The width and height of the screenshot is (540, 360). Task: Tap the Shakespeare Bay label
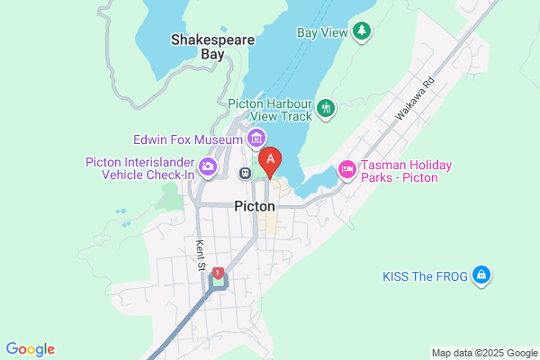212,47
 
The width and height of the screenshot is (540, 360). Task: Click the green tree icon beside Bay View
362,31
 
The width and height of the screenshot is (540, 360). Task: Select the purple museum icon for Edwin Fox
256,139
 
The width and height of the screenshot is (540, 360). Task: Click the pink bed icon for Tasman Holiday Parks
346,168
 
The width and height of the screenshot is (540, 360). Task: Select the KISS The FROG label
425,275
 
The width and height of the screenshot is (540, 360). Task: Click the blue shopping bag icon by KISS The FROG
481,274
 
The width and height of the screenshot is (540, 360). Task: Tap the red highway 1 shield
218,273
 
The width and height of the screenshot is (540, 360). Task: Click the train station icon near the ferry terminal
245,173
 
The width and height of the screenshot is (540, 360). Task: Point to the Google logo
30,349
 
